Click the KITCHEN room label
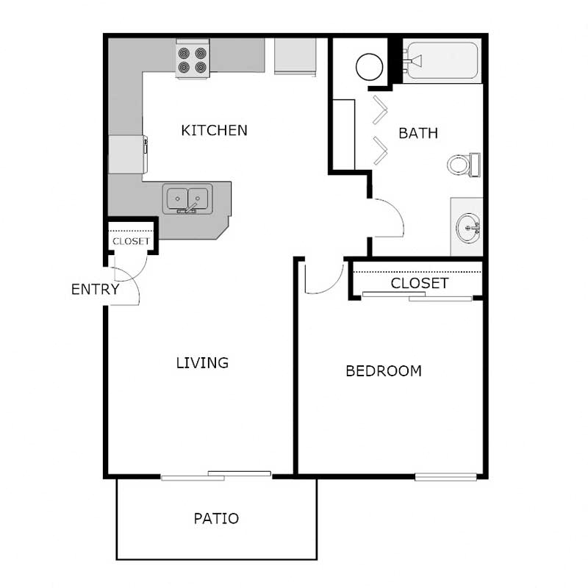214,131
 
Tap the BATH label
418,133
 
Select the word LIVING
202,362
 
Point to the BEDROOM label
384,370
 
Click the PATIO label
216,518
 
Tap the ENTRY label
95,289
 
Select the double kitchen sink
187,199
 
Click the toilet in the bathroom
464,164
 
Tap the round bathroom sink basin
467,226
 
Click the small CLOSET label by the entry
131,241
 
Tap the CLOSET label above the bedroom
419,283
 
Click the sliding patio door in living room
216,476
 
